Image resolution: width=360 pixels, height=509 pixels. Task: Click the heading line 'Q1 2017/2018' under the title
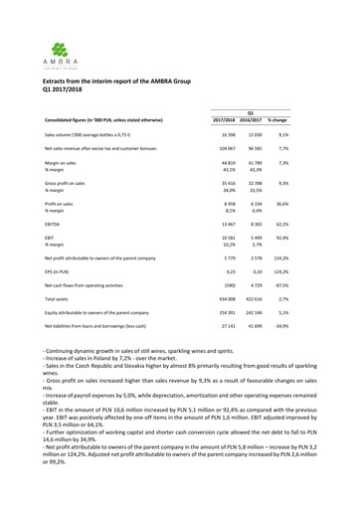click(x=66, y=97)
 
